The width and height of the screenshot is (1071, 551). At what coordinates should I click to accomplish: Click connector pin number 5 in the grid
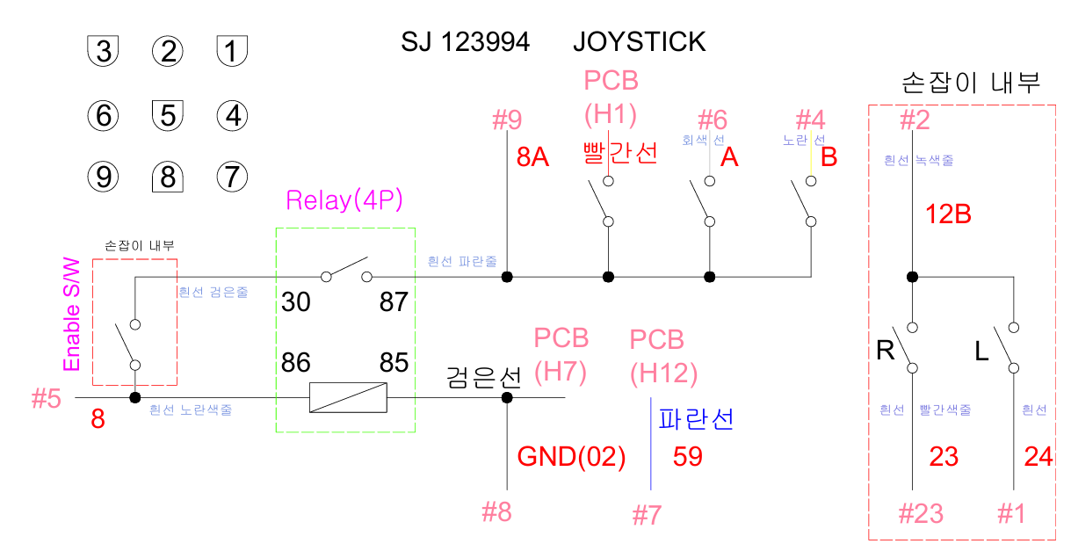[167, 114]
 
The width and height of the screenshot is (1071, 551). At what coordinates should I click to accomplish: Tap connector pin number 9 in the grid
[103, 178]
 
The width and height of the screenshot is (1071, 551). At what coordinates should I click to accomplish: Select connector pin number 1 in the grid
[231, 51]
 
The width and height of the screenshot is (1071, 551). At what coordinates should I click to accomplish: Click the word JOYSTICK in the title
[639, 41]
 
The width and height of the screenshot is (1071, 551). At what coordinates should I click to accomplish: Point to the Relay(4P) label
[344, 200]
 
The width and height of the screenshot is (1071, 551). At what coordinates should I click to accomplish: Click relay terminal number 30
[297, 302]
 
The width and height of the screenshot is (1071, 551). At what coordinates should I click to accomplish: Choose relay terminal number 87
[394, 302]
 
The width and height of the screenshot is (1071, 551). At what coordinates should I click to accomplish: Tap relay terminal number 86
[297, 361]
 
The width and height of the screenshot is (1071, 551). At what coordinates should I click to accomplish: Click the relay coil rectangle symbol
[348, 398]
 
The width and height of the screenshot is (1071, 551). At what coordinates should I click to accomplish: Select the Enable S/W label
[72, 314]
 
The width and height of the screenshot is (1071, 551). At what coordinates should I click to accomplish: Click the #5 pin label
[47, 399]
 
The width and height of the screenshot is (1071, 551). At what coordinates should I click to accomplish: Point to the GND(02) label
[571, 457]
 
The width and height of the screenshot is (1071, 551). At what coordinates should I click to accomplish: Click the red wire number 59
[688, 457]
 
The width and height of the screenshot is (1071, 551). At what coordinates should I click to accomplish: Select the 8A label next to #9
[532, 157]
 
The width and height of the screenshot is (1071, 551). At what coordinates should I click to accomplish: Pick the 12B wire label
[948, 214]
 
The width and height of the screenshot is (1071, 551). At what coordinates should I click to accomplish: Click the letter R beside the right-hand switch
[886, 352]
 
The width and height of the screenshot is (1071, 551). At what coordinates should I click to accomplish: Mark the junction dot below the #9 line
[507, 277]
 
